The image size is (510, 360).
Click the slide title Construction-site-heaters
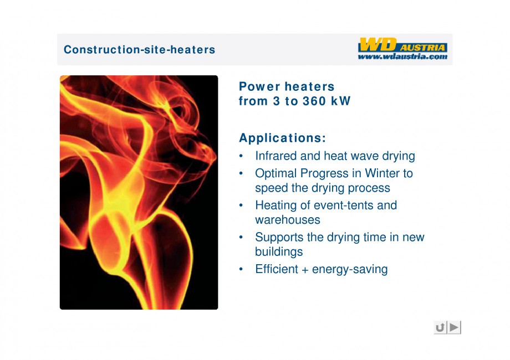point(139,50)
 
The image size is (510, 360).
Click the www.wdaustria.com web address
point(402,56)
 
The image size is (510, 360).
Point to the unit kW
point(341,101)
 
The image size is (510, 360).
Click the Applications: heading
point(282,138)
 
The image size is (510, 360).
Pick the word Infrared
point(276,156)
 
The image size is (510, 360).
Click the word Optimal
point(276,173)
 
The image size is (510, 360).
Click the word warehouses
point(288,220)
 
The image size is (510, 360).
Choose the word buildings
point(279,252)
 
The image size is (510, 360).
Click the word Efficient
point(277,269)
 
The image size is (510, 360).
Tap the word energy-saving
point(350,269)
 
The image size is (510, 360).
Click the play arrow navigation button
point(455,327)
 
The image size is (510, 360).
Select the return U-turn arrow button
point(440,327)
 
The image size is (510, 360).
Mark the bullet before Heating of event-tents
point(241,205)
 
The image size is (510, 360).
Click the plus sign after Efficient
point(305,270)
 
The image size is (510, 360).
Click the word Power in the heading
point(259,86)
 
